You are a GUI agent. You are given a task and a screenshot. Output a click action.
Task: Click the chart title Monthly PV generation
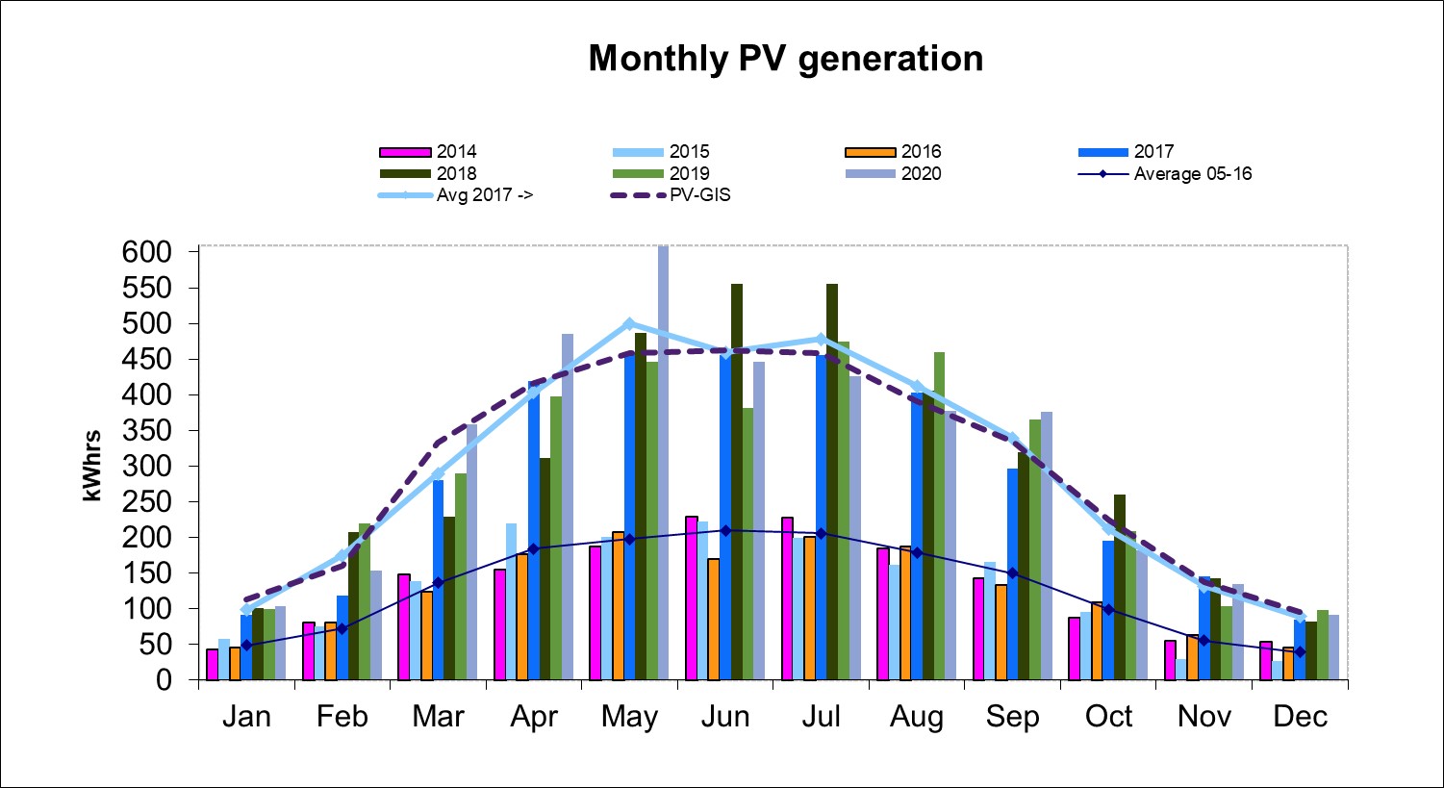pos(785,59)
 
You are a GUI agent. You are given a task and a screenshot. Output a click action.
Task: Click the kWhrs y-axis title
pos(91,466)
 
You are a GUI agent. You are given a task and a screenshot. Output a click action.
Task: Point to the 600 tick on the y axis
pos(146,252)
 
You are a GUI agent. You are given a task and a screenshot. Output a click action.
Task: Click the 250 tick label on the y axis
pos(146,501)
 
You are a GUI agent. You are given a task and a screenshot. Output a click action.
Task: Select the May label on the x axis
pos(629,717)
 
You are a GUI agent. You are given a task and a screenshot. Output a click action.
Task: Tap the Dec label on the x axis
pos(1300,717)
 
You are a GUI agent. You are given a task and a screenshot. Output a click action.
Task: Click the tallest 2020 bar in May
pos(663,462)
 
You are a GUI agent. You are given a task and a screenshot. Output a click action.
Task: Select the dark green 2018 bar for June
pos(737,481)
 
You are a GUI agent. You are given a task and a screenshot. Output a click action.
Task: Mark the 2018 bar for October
pos(1120,587)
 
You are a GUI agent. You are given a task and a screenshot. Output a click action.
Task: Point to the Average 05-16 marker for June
pos(725,530)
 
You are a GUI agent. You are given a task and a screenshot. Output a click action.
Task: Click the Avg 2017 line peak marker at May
pos(629,323)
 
